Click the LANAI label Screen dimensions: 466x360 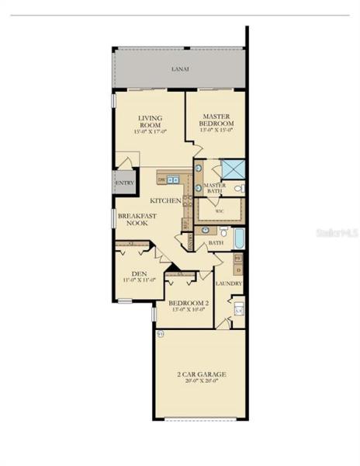[180, 69]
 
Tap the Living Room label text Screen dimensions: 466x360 [150, 122]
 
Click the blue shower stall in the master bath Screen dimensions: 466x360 [232, 168]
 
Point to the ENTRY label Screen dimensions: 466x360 [124, 183]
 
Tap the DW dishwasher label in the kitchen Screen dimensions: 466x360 [161, 180]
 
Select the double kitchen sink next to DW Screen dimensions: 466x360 [173, 180]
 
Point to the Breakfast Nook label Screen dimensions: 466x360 [138, 220]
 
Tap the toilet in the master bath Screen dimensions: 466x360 [239, 188]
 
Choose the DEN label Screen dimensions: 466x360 [139, 273]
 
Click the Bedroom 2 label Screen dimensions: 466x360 [188, 302]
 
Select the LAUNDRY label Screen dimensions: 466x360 [230, 283]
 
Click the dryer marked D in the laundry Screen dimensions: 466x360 [238, 269]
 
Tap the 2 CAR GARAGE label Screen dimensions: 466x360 [202, 374]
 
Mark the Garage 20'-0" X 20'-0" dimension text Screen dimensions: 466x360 [202, 381]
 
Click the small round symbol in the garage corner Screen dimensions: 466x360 [161, 333]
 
